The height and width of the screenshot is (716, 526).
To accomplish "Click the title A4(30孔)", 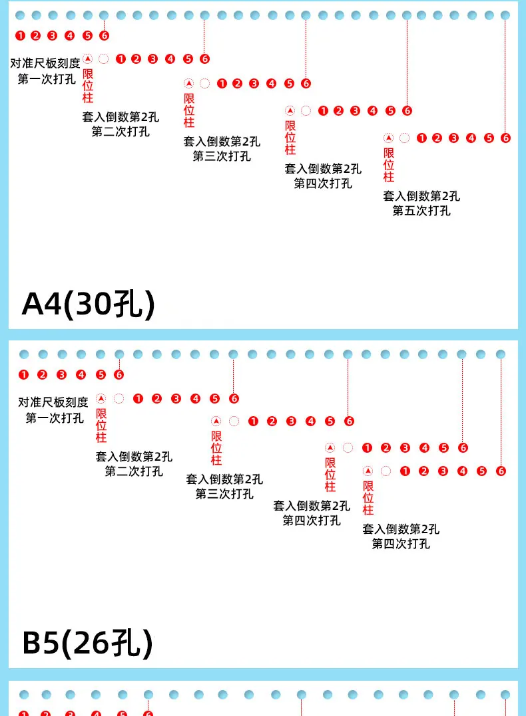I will pos(88,304).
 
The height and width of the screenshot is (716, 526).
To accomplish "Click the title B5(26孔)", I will pos(87,642).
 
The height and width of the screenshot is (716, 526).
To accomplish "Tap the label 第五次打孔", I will pos(421,211).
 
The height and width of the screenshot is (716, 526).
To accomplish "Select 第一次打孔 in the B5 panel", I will pos(55,418).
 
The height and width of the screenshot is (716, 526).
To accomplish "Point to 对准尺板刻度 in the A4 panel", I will pos(45,64).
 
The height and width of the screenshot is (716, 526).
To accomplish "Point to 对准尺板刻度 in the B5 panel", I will pos(53,402).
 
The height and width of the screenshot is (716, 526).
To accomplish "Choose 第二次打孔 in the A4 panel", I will pos(121,131).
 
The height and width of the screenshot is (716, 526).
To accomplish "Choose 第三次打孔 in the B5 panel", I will pos(224,494).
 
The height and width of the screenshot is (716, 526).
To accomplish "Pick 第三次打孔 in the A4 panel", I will pos(222,156).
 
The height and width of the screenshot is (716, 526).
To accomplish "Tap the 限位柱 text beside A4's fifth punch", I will pos(389,165).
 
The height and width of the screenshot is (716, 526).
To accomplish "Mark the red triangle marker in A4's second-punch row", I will pos(87,59).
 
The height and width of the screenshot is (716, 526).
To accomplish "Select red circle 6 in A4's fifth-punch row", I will pos(505,138).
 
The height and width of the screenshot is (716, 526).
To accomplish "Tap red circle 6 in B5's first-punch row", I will pos(119,375).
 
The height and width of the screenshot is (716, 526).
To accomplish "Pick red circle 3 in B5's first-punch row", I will pos(62,375).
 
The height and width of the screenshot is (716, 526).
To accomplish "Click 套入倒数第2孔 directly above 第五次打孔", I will pos(421,196).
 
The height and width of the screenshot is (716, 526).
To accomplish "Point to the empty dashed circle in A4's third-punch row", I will pos(205,84).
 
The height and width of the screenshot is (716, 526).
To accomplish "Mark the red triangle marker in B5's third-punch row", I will pos(216,421).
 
